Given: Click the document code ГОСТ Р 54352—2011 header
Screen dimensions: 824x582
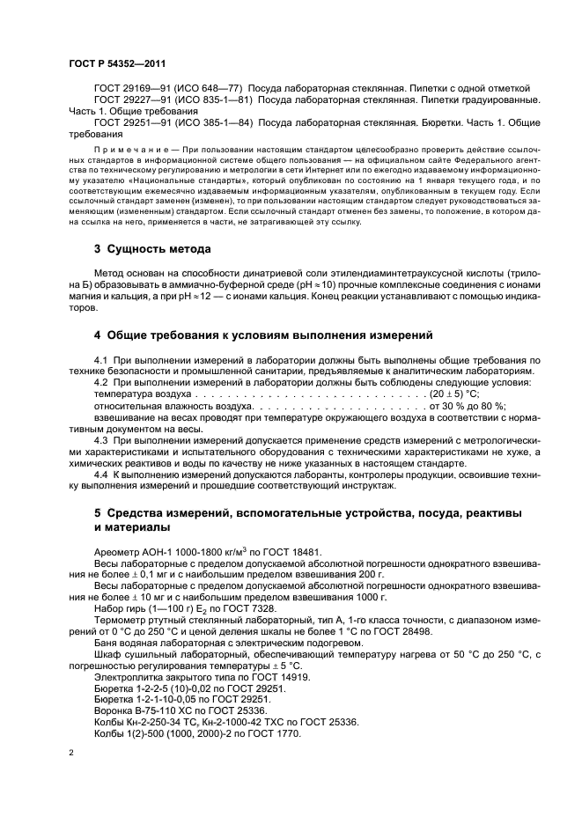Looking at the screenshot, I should tap(117, 64).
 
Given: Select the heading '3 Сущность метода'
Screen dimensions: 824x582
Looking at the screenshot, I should tap(152, 249).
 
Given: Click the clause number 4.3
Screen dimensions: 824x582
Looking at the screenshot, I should tap(100, 439).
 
